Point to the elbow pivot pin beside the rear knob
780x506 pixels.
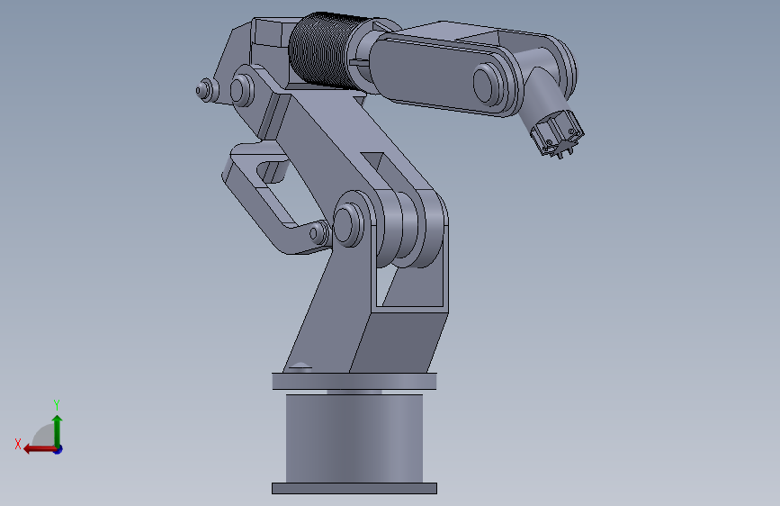tap(241, 89)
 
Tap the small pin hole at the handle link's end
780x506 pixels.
tap(315, 234)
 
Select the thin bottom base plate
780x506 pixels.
tap(354, 488)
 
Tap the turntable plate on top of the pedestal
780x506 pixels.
tap(354, 381)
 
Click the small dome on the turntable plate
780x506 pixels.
tap(300, 366)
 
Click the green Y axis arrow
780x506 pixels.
tap(57, 428)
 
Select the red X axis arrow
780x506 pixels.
tap(36, 448)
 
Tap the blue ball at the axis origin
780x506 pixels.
tap(57, 448)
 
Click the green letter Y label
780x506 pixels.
tap(56, 404)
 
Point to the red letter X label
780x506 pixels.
tap(17, 444)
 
